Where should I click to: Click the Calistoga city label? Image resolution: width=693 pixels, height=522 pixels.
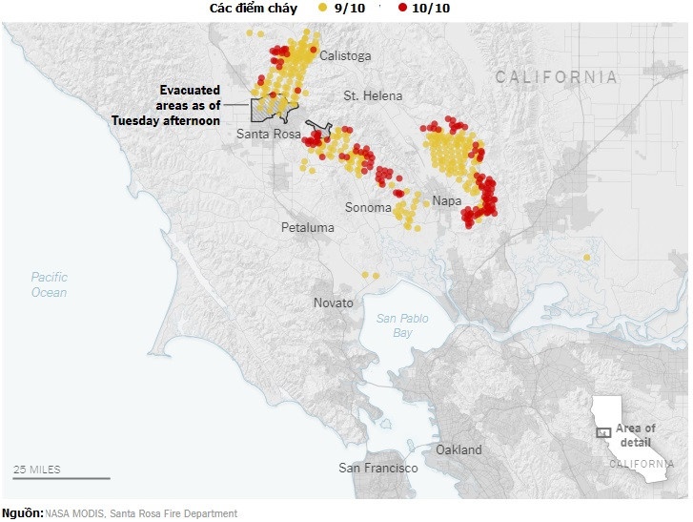coord(345,56)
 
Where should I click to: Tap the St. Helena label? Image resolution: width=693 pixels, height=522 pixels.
coord(373,96)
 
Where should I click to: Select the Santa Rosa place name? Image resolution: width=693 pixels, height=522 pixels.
coord(268,135)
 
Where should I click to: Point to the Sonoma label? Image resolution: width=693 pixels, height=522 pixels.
coord(367,208)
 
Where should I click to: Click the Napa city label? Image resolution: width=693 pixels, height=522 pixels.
coord(447,201)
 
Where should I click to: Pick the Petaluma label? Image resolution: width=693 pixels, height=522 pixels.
coord(308,228)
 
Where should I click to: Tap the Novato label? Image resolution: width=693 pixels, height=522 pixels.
coord(334,303)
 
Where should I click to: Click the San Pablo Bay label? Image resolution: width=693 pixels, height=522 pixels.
coord(402,325)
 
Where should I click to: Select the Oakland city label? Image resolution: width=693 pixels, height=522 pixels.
coord(459,449)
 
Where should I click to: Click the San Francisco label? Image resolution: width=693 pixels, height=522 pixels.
coord(378,468)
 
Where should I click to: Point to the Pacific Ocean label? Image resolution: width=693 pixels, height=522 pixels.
coord(49,284)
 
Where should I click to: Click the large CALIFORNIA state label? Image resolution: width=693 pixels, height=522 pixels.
coord(556,77)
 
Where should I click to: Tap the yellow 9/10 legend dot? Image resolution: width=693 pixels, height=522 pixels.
coord(322,9)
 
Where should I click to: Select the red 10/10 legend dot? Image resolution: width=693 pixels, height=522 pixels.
coord(403,9)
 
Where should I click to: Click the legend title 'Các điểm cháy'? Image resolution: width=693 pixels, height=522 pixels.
coord(254,9)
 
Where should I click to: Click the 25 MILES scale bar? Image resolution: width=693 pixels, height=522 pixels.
coord(61,477)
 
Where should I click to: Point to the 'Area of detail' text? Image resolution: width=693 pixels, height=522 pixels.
coord(635,435)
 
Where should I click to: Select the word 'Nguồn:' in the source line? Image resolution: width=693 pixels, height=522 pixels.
coord(22,513)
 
